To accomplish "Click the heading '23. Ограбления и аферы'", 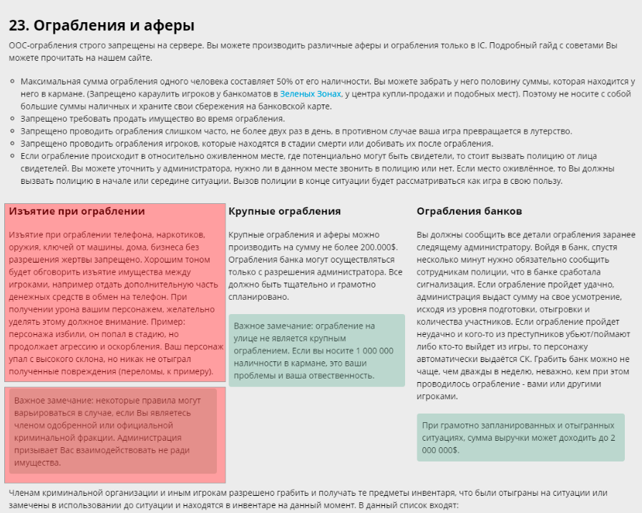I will point(102,26).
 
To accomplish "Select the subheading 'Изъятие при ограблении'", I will point(77,211).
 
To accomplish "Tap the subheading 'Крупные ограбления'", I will point(284,211).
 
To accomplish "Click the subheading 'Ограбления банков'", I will point(469,211).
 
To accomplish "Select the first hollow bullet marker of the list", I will point(13,82).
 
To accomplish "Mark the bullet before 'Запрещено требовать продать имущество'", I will point(13,119).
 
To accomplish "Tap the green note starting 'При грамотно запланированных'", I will point(520,436).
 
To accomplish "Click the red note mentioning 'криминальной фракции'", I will point(112,431).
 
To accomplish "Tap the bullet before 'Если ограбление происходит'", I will point(13,156).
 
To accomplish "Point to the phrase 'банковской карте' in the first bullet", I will point(298,106).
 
